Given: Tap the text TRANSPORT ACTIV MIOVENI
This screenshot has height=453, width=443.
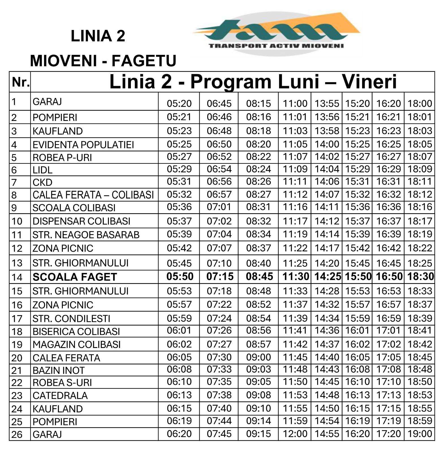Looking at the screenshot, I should click(276, 46).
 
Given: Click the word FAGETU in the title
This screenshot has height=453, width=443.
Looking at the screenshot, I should click(144, 60).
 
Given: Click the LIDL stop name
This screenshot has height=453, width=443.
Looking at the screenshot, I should click(42, 170).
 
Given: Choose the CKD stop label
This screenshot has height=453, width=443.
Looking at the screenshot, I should click(42, 182).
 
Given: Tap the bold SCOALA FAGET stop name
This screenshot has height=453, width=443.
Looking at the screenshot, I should click(75, 277).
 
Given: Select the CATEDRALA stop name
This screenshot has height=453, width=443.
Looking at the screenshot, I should click(60, 395).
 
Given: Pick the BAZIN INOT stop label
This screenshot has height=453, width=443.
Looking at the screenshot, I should click(59, 370).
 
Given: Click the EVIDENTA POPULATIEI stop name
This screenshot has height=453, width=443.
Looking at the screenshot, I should click(83, 145).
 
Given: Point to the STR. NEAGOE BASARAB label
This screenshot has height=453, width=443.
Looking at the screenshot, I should click(86, 235).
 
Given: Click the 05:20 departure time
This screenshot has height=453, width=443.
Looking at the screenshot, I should click(179, 104).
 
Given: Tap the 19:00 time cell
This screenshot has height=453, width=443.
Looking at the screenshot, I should click(420, 434).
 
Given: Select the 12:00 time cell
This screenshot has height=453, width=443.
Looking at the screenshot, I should click(295, 434).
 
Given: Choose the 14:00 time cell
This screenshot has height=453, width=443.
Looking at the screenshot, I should click(327, 144).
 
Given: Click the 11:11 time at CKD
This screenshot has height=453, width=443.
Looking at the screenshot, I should click(295, 181).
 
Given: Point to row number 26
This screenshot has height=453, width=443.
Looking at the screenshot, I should click(17, 434).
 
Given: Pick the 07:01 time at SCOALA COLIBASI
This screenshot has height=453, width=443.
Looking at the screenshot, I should click(219, 207).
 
